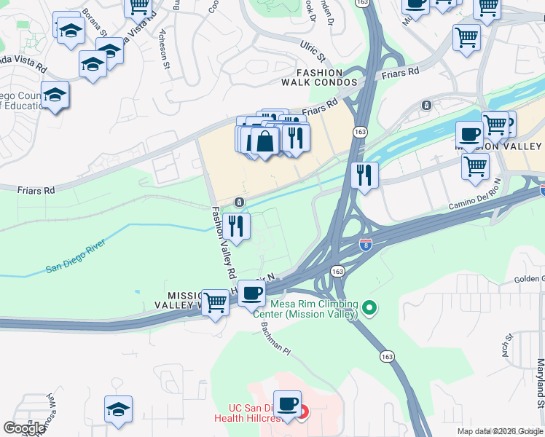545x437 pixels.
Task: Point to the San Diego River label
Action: [77, 259]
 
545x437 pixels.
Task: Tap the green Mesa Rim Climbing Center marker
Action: [369, 309]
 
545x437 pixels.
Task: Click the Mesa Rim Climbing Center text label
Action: [314, 309]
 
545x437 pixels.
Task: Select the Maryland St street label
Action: [540, 382]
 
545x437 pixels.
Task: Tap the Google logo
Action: [24, 428]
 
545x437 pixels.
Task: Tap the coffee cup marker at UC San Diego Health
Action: [287, 404]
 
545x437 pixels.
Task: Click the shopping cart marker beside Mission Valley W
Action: [215, 301]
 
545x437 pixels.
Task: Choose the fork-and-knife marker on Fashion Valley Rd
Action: [236, 226]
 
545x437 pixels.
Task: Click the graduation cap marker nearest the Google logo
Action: [118, 409]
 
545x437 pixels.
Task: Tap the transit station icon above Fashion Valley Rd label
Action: [239, 202]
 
